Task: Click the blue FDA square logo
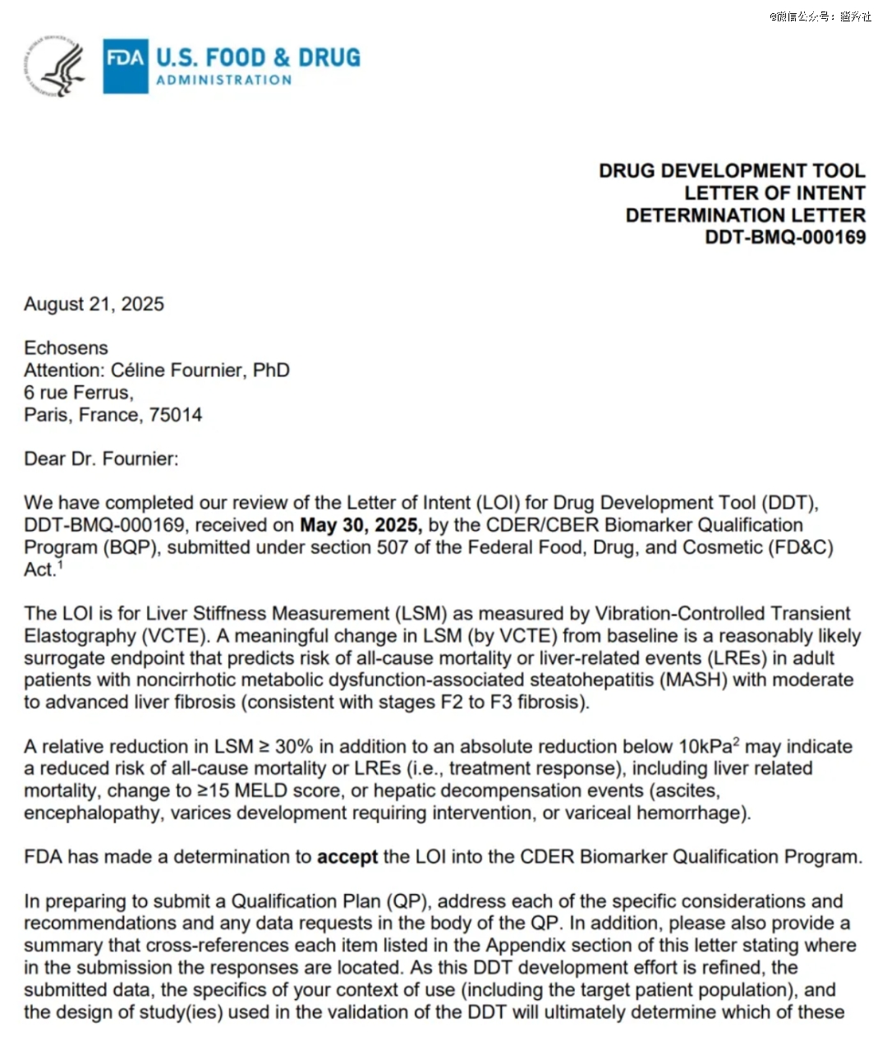pyautogui.click(x=125, y=66)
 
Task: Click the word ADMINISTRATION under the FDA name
pyautogui.click(x=223, y=81)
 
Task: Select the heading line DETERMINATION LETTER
pyautogui.click(x=745, y=215)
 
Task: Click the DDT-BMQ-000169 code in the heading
pyautogui.click(x=785, y=237)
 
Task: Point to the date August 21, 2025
pyautogui.click(x=94, y=304)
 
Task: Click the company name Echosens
pyautogui.click(x=66, y=348)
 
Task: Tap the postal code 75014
pyautogui.click(x=175, y=414)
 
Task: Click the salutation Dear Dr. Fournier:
pyautogui.click(x=101, y=458)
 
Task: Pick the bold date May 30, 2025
pyautogui.click(x=361, y=525)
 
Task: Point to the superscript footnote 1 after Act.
pyautogui.click(x=60, y=565)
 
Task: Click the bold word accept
pyautogui.click(x=347, y=857)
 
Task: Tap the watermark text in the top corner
pyautogui.click(x=820, y=16)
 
